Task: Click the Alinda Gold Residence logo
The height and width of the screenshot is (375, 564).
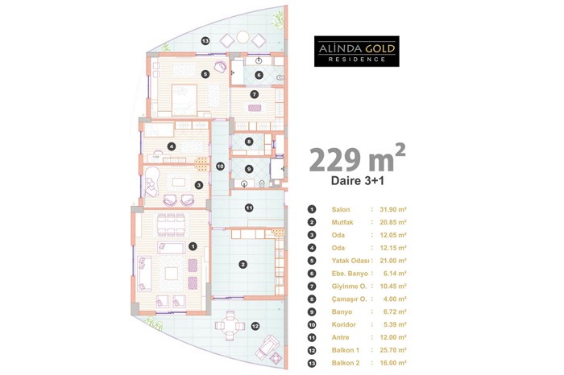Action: click(x=356, y=51)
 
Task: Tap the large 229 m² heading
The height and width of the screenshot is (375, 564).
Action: click(x=357, y=159)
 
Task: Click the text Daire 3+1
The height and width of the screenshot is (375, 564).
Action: click(x=357, y=180)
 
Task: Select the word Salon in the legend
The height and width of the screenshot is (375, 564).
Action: click(x=340, y=209)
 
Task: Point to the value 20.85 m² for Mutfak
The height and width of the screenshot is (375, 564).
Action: click(x=393, y=222)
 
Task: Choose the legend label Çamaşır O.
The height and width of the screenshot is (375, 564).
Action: click(x=349, y=299)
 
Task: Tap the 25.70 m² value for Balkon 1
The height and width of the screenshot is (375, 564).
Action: click(x=393, y=350)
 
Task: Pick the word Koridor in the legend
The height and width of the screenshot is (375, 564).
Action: click(x=343, y=325)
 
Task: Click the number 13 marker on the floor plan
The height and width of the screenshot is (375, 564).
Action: click(x=205, y=41)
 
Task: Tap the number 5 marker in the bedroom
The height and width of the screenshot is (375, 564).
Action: click(x=205, y=74)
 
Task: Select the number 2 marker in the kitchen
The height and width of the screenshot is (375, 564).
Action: click(x=243, y=265)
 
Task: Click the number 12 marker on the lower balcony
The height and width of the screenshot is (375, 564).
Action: click(x=255, y=327)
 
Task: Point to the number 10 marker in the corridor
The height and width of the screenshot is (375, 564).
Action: click(x=220, y=167)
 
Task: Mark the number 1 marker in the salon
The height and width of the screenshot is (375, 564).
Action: click(x=193, y=246)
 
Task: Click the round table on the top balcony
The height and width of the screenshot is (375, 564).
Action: click(x=243, y=37)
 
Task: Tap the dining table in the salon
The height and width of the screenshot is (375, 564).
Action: click(x=171, y=225)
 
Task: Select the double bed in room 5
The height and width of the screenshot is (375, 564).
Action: click(x=185, y=97)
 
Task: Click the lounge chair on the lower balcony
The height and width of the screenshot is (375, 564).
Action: click(x=267, y=346)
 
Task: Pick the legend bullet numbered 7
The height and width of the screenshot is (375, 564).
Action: click(x=312, y=286)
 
